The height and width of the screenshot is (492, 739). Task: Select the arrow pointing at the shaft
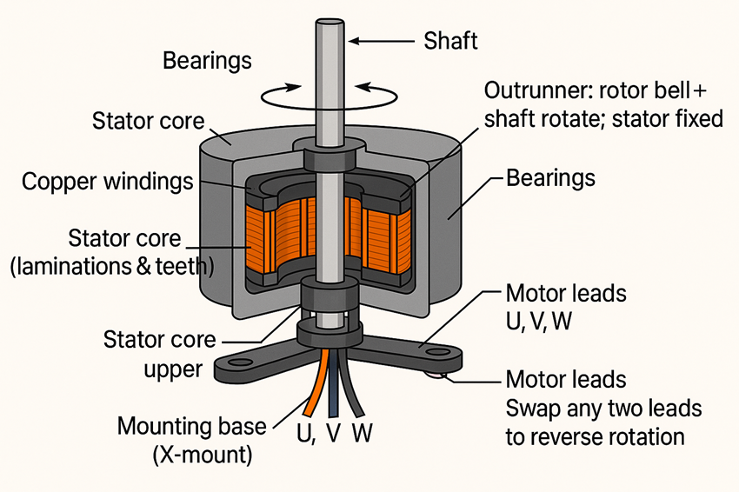coord(383,40)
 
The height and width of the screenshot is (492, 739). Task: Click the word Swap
coord(531,408)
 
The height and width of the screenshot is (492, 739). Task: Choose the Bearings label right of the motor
coord(551,178)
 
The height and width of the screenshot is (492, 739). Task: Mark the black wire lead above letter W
coord(355,387)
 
